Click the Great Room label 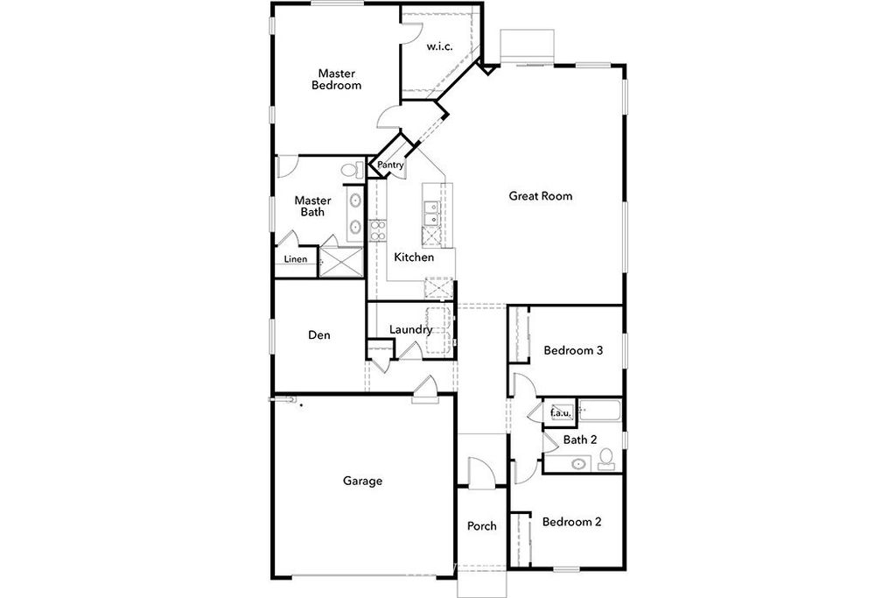pyautogui.click(x=540, y=196)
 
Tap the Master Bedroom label pyautogui.click(x=337, y=80)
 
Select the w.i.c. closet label pyautogui.click(x=439, y=47)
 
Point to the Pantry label pyautogui.click(x=390, y=165)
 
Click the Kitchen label pyautogui.click(x=414, y=257)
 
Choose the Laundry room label pyautogui.click(x=410, y=330)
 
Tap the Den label pyautogui.click(x=318, y=335)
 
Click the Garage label pyautogui.click(x=362, y=481)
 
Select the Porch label pyautogui.click(x=482, y=526)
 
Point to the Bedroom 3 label pyautogui.click(x=573, y=350)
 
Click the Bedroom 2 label pyautogui.click(x=571, y=522)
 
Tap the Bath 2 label pyautogui.click(x=580, y=440)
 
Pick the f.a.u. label pyautogui.click(x=560, y=412)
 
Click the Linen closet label pyautogui.click(x=296, y=259)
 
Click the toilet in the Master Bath pyautogui.click(x=352, y=170)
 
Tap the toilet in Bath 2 pyautogui.click(x=605, y=459)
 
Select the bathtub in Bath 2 pyautogui.click(x=599, y=411)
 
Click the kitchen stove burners pyautogui.click(x=377, y=230)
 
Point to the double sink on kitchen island pyautogui.click(x=430, y=213)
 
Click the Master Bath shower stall pyautogui.click(x=341, y=263)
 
